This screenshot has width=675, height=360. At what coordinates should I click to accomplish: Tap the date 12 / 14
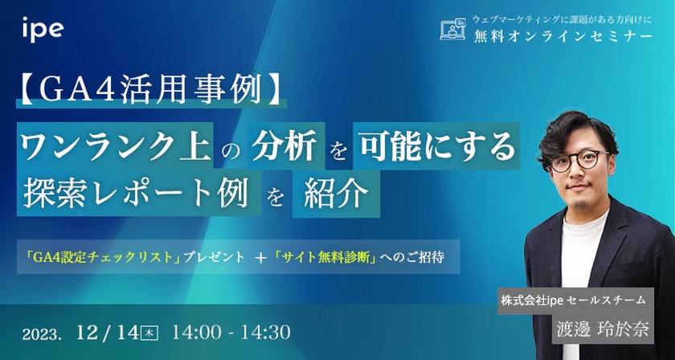[x=109, y=330]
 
